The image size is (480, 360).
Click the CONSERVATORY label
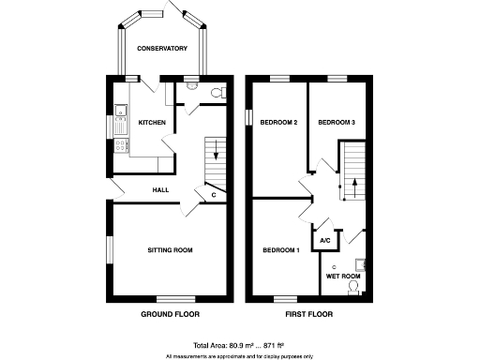pyautogui.click(x=162, y=48)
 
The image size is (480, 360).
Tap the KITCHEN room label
pyautogui.click(x=152, y=123)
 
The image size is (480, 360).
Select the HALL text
pyautogui.click(x=161, y=190)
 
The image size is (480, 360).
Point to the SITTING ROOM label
pyautogui.click(x=170, y=250)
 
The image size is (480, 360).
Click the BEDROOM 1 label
pyautogui.click(x=280, y=250)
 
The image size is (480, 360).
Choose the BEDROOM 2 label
pyautogui.click(x=279, y=123)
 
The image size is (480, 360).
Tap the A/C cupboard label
pyautogui.click(x=325, y=241)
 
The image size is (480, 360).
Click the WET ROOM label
pyautogui.click(x=343, y=277)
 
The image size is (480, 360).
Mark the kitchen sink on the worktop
pyautogui.click(x=119, y=116)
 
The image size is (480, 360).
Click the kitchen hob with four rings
pyautogui.click(x=120, y=144)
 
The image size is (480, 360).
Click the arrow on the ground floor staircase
pyautogui.click(x=216, y=150)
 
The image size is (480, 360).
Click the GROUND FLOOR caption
pyautogui.click(x=170, y=314)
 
